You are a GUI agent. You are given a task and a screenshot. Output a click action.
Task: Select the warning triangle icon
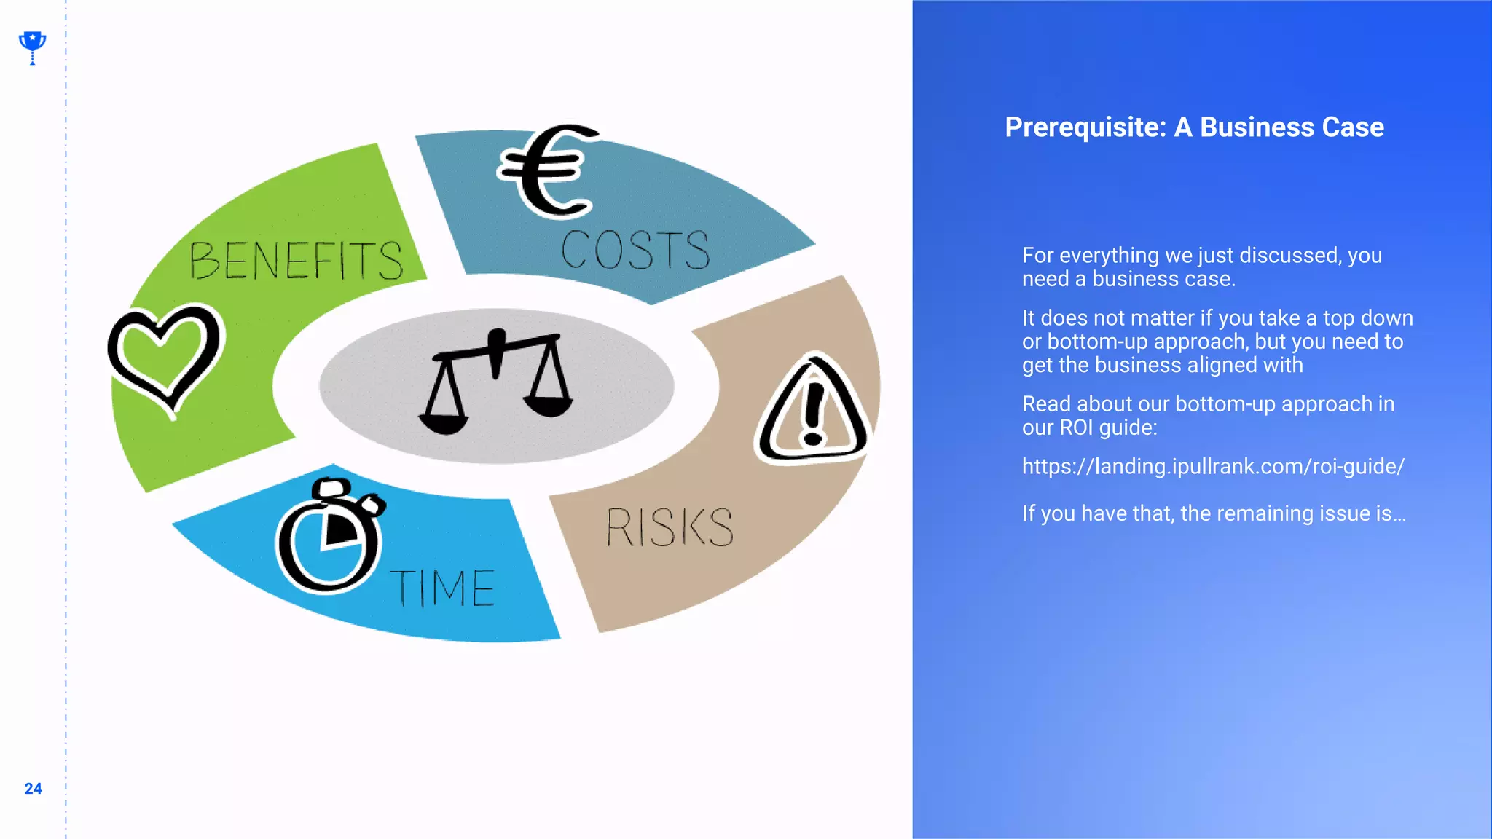coord(813,411)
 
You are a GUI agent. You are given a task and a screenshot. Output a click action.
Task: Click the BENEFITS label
coord(296,261)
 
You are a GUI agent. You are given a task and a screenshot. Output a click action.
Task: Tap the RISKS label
coord(670,527)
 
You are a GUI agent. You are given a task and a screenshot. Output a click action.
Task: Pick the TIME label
coord(443,588)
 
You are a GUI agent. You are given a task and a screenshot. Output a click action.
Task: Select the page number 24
coord(33,789)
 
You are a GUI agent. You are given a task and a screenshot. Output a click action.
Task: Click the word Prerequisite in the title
coord(1085,127)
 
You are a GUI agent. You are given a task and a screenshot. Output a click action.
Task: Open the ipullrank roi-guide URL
coord(1213,467)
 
